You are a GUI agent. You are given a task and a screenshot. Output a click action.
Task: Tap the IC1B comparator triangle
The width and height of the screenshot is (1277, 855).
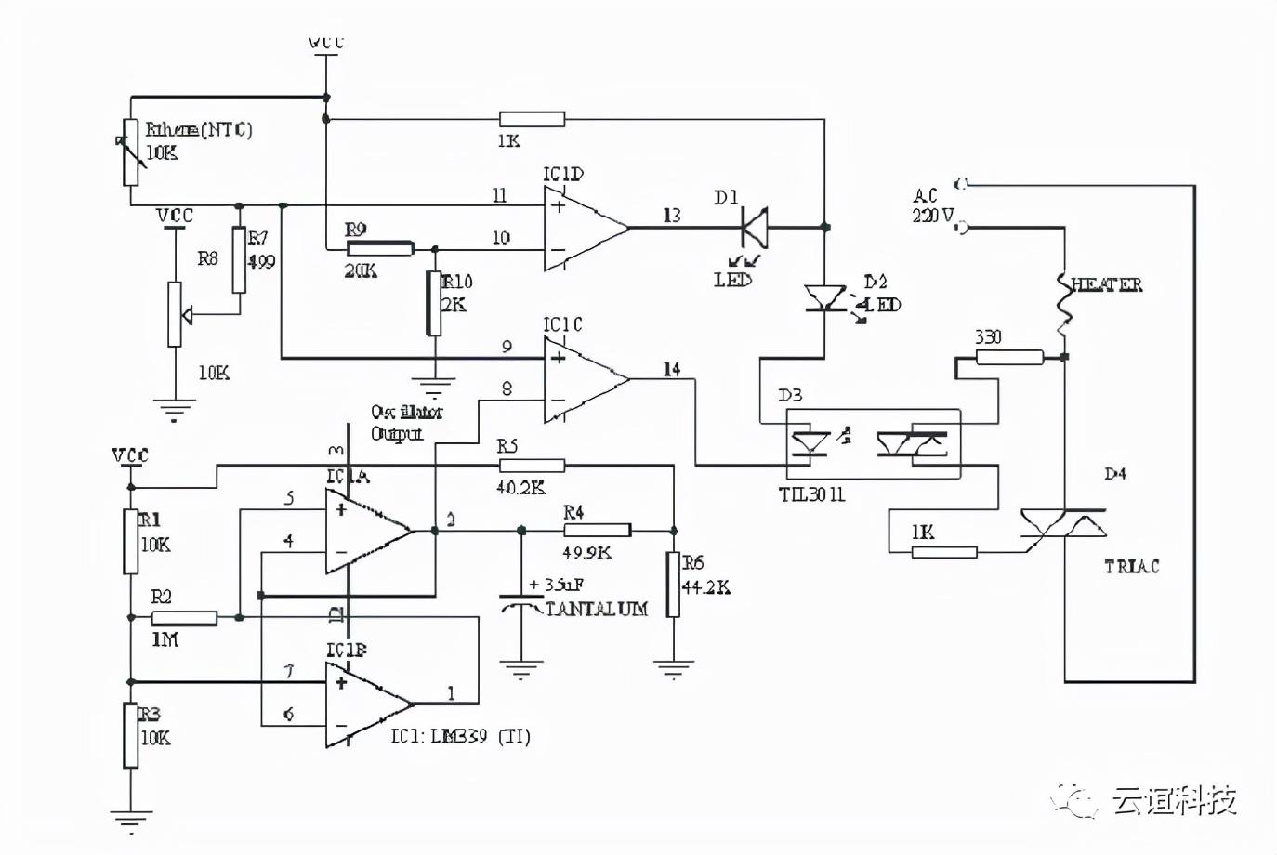(x=366, y=704)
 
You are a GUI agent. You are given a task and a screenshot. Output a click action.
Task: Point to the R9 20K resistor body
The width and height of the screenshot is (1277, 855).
(x=379, y=248)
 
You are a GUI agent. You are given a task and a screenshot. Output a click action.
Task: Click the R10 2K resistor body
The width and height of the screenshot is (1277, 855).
(x=433, y=303)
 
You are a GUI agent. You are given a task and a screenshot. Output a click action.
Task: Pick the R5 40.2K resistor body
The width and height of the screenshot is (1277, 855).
(x=532, y=466)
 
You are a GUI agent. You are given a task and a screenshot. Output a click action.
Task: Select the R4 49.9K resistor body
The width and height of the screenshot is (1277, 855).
(x=598, y=530)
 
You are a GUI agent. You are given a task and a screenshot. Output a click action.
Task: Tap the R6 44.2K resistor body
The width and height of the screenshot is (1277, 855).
(x=672, y=585)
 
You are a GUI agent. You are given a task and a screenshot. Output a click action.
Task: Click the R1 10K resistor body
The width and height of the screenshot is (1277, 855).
(x=131, y=541)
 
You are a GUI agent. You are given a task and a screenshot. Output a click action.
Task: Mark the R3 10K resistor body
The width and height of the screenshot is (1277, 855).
(x=131, y=735)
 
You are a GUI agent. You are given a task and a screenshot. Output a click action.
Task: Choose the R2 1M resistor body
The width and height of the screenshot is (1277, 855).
(x=184, y=618)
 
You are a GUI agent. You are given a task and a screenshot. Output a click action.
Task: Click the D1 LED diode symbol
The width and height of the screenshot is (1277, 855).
(x=754, y=226)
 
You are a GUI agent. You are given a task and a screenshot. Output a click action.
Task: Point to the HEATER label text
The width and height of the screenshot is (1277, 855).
(x=1107, y=285)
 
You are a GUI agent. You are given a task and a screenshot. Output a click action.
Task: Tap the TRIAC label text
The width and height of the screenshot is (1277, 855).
(x=1131, y=566)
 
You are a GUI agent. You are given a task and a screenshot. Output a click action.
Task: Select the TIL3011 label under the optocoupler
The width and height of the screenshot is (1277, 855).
(x=811, y=494)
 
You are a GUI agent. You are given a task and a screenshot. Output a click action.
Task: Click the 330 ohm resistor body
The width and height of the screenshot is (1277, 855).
(x=1009, y=357)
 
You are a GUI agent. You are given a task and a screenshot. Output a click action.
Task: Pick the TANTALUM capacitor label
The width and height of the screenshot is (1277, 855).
(x=596, y=609)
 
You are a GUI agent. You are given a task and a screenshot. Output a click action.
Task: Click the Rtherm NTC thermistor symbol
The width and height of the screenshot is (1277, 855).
(x=131, y=152)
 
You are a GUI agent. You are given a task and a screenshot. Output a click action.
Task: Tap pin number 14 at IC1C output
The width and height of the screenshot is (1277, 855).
(x=671, y=369)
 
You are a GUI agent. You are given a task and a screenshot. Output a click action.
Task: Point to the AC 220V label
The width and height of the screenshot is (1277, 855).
(x=931, y=205)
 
